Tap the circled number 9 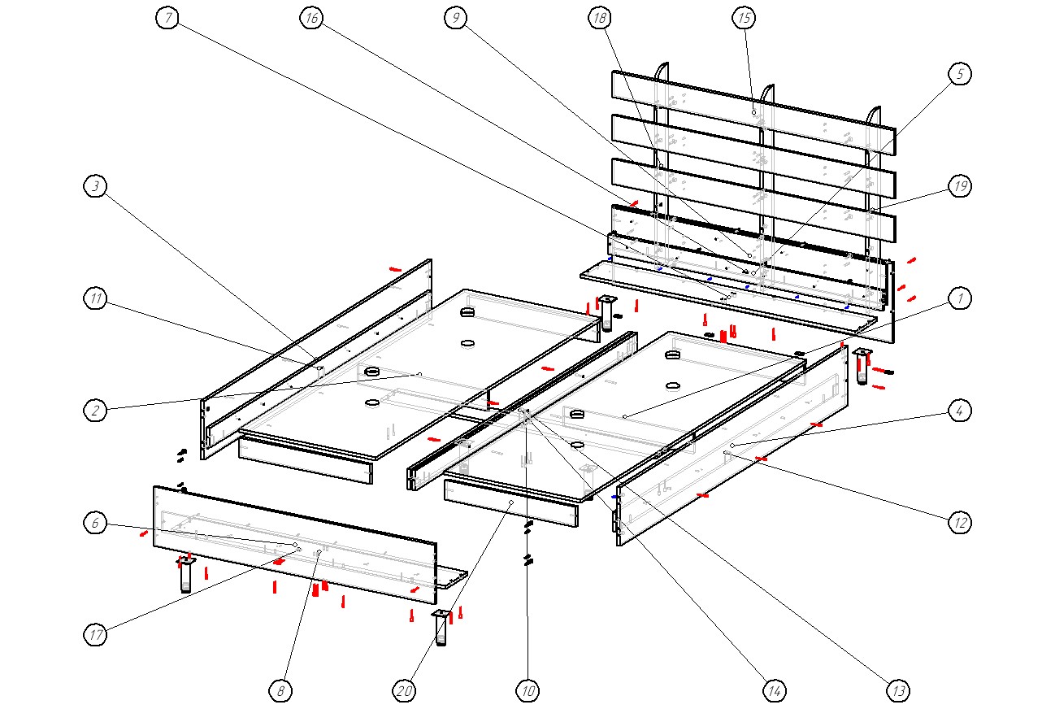click(x=456, y=18)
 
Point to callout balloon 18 click(x=600, y=18)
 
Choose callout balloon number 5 click(x=960, y=74)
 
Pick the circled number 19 click(x=960, y=187)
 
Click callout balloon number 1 click(x=960, y=299)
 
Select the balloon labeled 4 click(x=960, y=411)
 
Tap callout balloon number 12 click(x=960, y=524)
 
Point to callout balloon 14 click(x=774, y=691)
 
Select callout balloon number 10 click(x=527, y=691)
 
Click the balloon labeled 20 click(x=404, y=691)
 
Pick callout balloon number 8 click(x=280, y=691)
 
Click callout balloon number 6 click(x=96, y=524)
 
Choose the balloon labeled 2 click(x=96, y=411)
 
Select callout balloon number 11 click(x=96, y=299)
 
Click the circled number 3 click(x=96, y=187)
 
